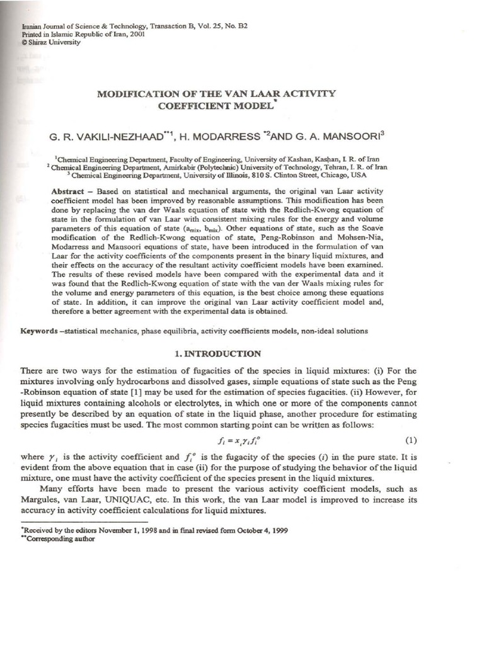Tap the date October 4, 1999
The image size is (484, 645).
coord(260,530)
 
